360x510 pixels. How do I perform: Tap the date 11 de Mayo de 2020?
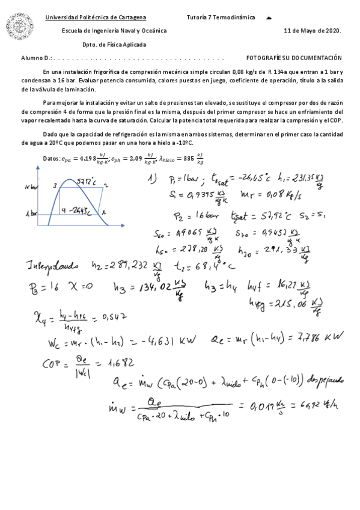(312, 31)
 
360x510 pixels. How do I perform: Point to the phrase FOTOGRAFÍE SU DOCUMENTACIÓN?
(294, 58)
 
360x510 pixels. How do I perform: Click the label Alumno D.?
(37, 58)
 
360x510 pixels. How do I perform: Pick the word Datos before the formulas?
(38, 159)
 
